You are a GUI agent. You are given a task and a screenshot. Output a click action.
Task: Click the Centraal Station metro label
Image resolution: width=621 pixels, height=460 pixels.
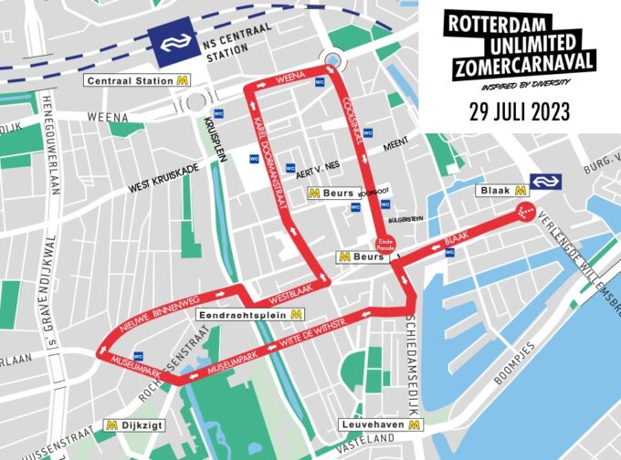(x=136, y=81)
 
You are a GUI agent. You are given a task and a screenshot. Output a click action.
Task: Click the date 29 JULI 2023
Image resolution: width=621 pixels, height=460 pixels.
(x=518, y=111)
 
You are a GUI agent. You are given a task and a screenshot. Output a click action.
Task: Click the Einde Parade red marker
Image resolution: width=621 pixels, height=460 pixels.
(x=384, y=243)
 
